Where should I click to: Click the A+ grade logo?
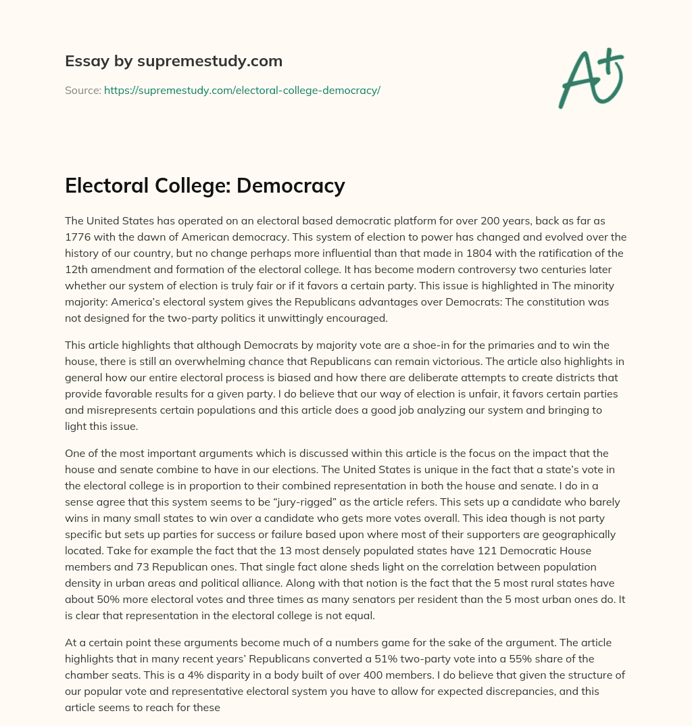click(591, 80)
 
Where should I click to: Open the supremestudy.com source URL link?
click(242, 90)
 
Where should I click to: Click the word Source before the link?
click(82, 90)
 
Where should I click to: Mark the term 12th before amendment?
click(78, 269)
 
